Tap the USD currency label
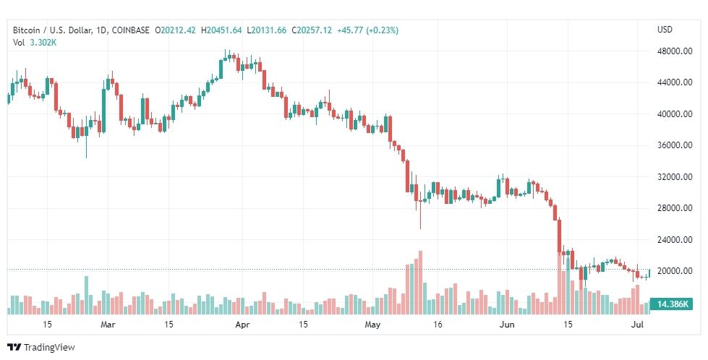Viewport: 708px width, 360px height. [x=665, y=30]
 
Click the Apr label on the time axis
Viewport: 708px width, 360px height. [x=242, y=325]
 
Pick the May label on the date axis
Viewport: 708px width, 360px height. [x=372, y=325]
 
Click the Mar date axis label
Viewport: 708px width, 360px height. [x=108, y=325]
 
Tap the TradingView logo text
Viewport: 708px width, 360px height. [x=49, y=348]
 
